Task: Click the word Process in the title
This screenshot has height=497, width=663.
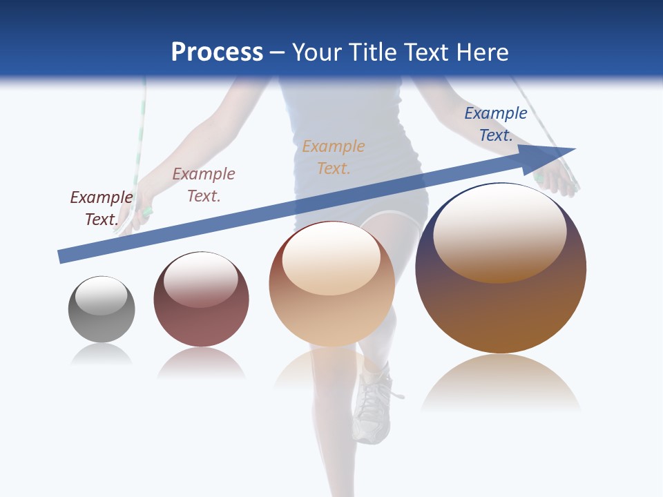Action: tap(217, 52)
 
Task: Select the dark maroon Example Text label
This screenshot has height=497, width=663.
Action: tap(102, 208)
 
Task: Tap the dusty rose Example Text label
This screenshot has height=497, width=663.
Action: tap(204, 184)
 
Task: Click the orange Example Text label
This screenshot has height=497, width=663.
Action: tap(334, 157)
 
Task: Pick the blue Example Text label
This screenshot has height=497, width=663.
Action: tap(496, 124)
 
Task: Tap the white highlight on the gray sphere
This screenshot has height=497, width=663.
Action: tap(101, 295)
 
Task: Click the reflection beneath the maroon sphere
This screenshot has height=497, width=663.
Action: tap(201, 362)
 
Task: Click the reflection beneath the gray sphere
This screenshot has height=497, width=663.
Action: tap(102, 353)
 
